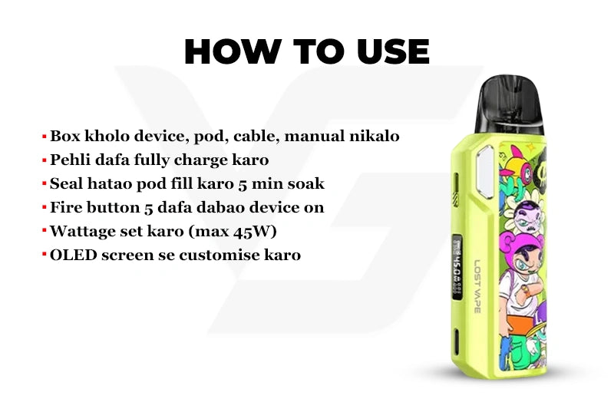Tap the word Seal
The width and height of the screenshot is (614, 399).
66,183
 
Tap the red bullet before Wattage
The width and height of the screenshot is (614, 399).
45,229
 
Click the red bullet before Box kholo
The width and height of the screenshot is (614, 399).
45,137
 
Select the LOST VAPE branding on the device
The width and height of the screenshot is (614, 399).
477,287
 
